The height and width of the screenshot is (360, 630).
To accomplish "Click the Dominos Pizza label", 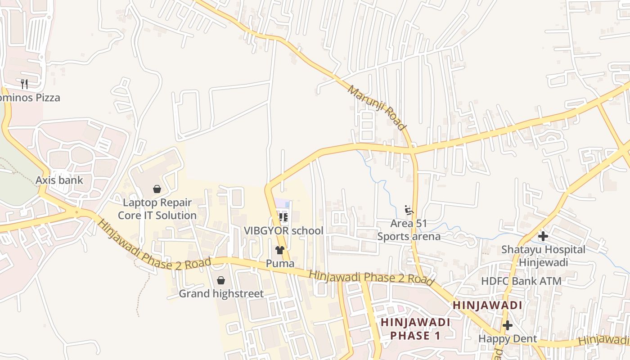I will (x=31, y=98).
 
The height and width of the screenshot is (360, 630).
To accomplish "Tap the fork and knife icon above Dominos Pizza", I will (x=24, y=84).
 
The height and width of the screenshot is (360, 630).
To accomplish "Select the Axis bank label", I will (x=59, y=180).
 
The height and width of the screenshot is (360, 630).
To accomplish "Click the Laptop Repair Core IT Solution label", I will (x=157, y=209).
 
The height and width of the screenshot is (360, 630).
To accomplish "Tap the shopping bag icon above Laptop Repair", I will (x=157, y=189).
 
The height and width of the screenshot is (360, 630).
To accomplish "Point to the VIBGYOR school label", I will (x=283, y=231).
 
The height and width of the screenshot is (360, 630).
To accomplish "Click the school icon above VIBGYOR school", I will (x=283, y=217).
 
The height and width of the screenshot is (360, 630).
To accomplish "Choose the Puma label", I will (x=280, y=263).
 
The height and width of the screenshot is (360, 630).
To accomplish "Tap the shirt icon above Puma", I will (x=280, y=250).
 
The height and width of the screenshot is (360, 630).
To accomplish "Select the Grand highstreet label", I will (x=221, y=294).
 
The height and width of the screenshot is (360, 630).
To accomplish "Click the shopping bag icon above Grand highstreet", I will (x=221, y=281).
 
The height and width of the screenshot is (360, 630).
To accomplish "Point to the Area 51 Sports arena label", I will (x=409, y=230).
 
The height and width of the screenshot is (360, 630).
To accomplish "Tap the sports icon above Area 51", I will (x=409, y=210).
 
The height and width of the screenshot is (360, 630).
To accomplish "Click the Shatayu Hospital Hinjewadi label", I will (x=543, y=256).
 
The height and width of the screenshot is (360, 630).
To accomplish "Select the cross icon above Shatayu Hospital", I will (x=543, y=236).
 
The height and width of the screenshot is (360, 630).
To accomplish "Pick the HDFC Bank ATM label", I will (x=521, y=281).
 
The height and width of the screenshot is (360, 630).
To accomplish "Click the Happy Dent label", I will (x=507, y=338).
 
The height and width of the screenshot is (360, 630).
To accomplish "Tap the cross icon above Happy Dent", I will (x=508, y=325).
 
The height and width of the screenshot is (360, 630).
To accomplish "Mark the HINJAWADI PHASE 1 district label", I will (x=415, y=329).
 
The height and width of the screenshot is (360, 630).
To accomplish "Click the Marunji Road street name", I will (x=377, y=108).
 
